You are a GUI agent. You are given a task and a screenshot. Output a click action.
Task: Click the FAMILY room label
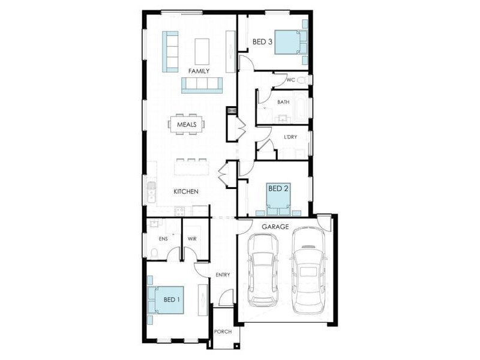199,71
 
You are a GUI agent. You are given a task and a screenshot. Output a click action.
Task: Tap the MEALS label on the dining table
187,124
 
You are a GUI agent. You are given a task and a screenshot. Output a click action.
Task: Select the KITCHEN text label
186,191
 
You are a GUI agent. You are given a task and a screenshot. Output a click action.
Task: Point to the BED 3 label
262,41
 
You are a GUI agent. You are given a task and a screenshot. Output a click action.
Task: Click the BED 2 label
278,188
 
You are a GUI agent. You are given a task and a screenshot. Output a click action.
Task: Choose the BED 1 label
172,299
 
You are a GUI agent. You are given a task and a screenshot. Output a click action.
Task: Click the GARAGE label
275,227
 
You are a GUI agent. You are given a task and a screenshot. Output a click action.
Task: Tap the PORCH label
223,331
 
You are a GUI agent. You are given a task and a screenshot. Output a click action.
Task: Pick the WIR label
193,238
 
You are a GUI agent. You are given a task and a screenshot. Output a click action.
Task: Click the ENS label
163,238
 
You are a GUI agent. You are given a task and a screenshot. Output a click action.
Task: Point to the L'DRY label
290,137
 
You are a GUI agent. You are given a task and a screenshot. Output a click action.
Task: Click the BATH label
283,102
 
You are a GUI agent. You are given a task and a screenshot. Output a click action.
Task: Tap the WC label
290,80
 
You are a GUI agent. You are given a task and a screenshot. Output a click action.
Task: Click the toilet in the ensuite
154,254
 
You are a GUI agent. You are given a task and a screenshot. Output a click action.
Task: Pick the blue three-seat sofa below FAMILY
202,85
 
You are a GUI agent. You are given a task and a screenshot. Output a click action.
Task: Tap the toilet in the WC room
302,79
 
